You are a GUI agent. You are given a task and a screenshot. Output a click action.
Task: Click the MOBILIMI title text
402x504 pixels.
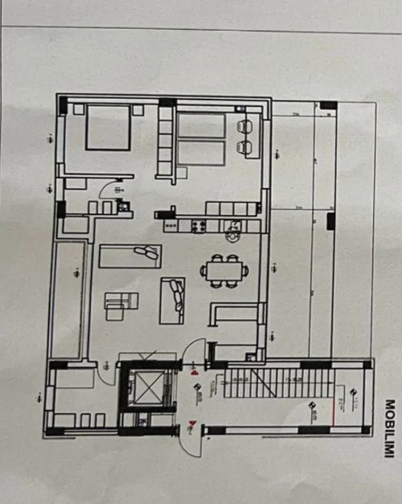coord(390,429)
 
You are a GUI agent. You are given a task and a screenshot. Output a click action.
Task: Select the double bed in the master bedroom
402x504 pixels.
coord(108,128)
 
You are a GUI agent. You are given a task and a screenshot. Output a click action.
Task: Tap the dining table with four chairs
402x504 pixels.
coord(224,271)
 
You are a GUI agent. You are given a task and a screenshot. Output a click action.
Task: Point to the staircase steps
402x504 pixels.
coord(278,383)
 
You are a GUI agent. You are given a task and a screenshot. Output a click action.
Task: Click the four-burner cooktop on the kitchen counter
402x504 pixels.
coord(199,226)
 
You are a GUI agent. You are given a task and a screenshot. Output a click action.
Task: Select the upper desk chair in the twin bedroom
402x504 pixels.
coord(244,127)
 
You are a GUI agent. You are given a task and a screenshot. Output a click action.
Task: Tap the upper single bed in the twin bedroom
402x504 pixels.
coord(201,126)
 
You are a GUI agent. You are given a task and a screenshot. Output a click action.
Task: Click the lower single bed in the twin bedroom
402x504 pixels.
coord(201,153)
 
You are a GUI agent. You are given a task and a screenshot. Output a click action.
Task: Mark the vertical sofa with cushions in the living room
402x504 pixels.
coord(172,300)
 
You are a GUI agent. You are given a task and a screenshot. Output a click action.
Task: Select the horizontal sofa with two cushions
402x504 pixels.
coord(130,256)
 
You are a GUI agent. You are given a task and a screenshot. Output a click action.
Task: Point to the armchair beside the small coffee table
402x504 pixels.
coord(115,311)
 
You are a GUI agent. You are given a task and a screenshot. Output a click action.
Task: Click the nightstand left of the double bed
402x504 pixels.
coord(79,110)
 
